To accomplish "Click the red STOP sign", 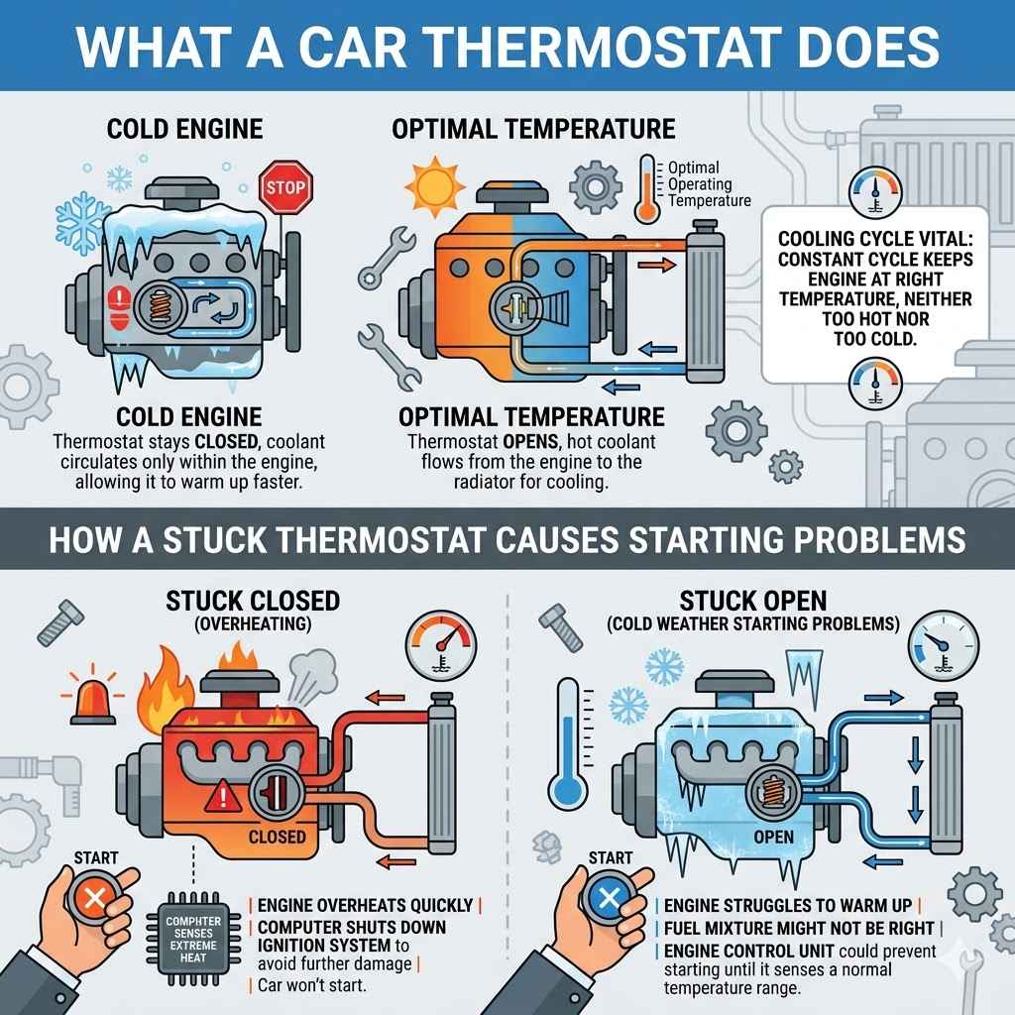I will [x=286, y=187].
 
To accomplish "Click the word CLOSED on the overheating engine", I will [x=277, y=837].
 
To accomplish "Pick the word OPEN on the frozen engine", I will [x=773, y=837].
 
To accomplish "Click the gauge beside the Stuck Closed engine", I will [x=438, y=648].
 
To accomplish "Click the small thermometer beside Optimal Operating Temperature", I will [x=649, y=188].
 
